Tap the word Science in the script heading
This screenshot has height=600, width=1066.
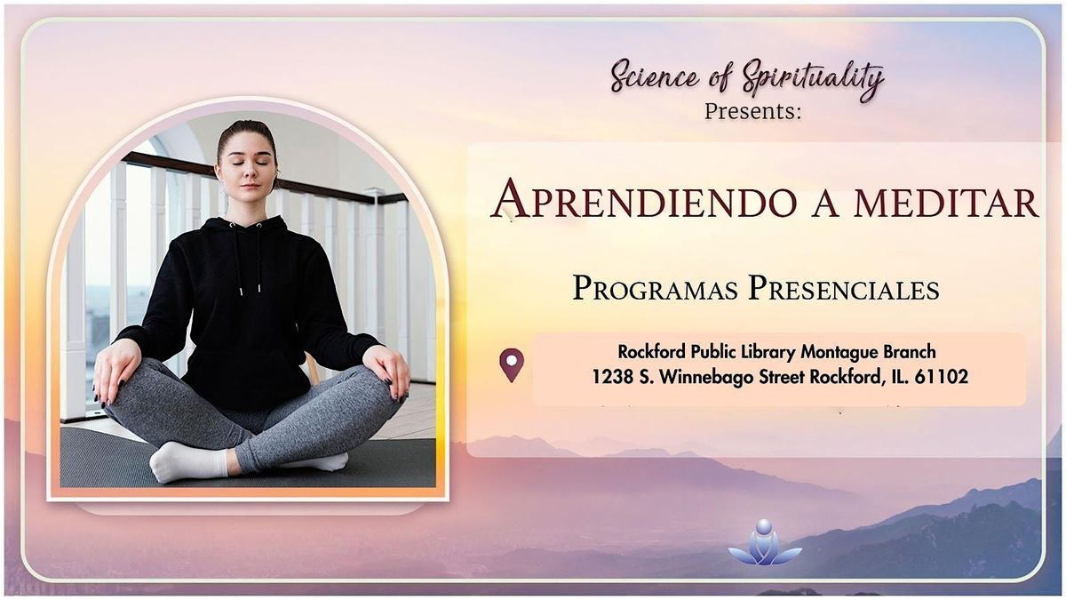[654, 76]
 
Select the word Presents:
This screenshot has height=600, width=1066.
[753, 111]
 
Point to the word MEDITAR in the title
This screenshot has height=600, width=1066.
[947, 202]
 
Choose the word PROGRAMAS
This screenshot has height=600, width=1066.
[656, 289]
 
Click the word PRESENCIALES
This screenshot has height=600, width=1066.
[844, 289]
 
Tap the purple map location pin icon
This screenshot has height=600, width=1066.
[512, 365]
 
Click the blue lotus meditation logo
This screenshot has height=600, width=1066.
[765, 543]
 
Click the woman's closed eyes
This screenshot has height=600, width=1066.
[248, 163]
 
